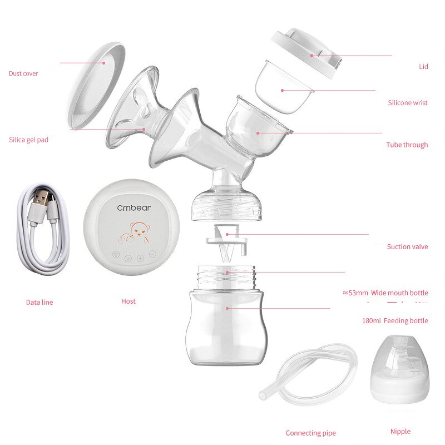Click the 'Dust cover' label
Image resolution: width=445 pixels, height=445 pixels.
click(23, 73)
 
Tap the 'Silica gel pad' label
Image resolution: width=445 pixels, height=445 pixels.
click(28, 140)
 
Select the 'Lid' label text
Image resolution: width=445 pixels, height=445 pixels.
click(423, 67)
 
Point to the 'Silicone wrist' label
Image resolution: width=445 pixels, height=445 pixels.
click(408, 103)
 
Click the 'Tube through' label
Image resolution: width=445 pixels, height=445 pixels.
click(407, 145)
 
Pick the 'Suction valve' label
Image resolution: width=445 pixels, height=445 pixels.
click(408, 246)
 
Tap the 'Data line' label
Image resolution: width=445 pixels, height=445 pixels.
click(39, 303)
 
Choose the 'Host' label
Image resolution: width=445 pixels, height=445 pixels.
click(128, 301)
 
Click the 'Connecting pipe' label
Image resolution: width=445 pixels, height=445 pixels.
click(311, 433)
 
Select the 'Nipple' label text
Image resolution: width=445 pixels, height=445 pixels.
click(400, 431)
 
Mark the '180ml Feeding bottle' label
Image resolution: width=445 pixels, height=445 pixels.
click(395, 321)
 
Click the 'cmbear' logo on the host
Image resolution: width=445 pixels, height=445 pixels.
click(133, 207)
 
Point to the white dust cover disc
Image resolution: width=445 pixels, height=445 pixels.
click(95, 83)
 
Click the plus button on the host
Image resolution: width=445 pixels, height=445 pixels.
click(140, 258)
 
